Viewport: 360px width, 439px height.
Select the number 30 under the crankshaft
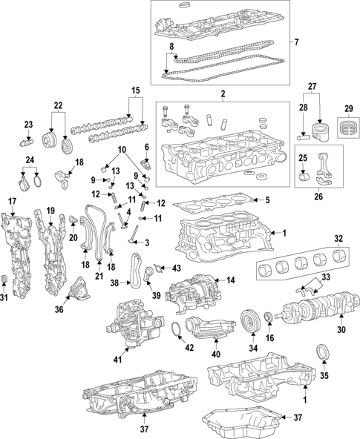point(342,330)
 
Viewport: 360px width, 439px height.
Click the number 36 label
point(59,311)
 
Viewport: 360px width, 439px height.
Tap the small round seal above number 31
point(5,280)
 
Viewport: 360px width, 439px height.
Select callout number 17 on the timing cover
point(12,202)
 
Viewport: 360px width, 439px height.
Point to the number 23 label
point(28,125)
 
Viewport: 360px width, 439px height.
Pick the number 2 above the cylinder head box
point(221,95)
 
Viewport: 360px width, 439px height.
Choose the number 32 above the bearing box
point(338,239)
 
